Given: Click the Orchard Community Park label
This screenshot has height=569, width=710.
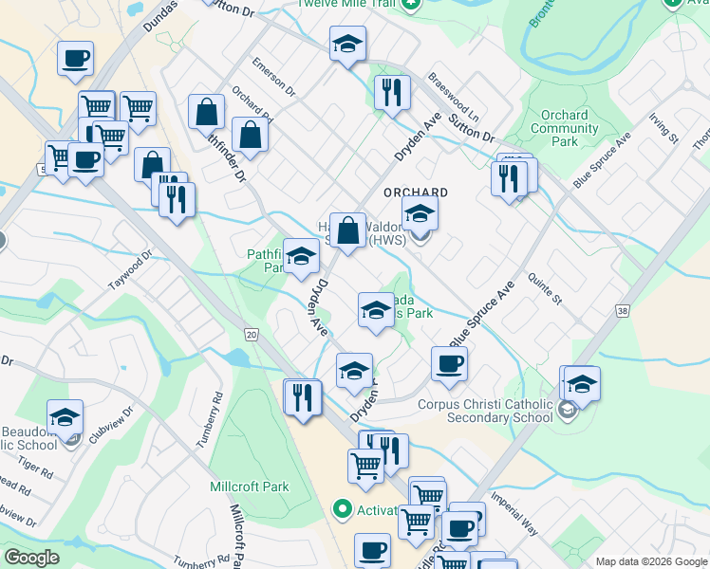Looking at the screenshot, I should (x=565, y=128).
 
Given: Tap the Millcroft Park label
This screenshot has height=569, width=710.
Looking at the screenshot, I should (x=249, y=486).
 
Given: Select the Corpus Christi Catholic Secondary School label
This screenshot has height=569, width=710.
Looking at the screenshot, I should (x=485, y=411).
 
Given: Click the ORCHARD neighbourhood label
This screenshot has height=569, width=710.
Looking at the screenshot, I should (x=415, y=192).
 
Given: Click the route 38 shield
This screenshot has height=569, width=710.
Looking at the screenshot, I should (x=622, y=310).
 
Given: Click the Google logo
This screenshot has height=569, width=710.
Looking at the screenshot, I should (x=32, y=558).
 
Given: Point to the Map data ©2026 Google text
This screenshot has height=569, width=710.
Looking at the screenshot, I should (x=650, y=560).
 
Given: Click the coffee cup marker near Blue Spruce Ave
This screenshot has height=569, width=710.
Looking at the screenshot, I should (x=449, y=362).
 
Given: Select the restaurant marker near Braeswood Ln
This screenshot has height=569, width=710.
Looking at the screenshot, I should (x=391, y=93).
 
